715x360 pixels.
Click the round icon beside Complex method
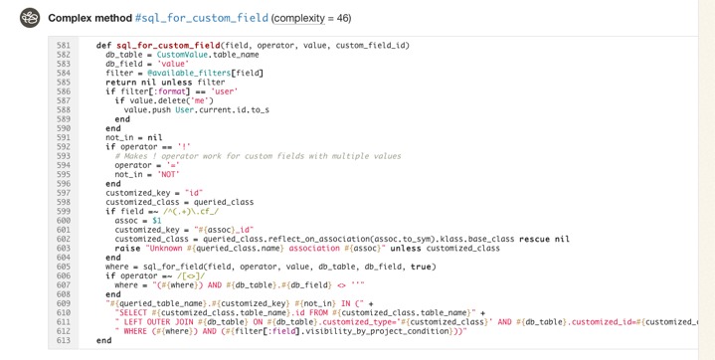click(x=30, y=18)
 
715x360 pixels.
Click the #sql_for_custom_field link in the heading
click(x=202, y=18)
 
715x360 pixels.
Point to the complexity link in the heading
click(x=299, y=18)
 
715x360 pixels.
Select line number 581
click(x=64, y=46)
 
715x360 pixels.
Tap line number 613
click(x=64, y=341)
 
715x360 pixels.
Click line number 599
click(x=64, y=212)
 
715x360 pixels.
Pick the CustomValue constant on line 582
click(x=183, y=55)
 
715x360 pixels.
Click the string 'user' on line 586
click(x=225, y=91)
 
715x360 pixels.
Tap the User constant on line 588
click(x=184, y=110)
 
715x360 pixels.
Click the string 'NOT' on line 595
click(x=169, y=175)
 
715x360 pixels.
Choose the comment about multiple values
click(x=258, y=156)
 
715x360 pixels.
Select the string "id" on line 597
click(x=194, y=193)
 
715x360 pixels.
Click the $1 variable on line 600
click(x=156, y=221)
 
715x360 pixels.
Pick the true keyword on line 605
click(x=422, y=267)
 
